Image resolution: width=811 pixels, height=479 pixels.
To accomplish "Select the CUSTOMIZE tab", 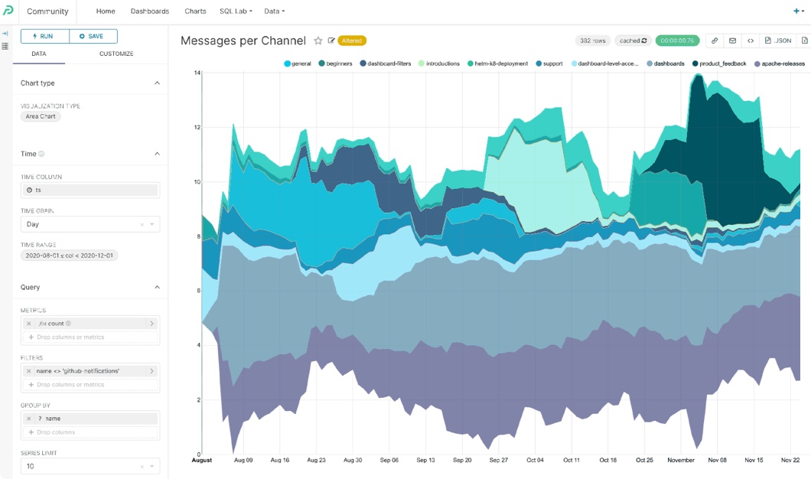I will [116, 54].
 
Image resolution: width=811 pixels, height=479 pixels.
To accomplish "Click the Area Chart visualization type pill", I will [41, 116].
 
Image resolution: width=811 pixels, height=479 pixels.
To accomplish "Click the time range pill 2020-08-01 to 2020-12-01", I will [69, 256].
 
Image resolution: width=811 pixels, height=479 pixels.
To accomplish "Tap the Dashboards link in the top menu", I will [150, 11].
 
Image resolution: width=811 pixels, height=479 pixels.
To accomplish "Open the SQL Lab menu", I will [235, 11].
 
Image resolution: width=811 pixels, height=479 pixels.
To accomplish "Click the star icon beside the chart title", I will [318, 41].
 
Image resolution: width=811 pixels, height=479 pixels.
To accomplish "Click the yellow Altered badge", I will [352, 41].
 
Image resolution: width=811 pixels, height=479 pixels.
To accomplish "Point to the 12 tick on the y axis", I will [197, 127].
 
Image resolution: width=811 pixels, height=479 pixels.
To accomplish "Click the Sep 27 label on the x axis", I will [498, 460].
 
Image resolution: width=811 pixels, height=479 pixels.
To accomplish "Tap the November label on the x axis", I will [680, 460].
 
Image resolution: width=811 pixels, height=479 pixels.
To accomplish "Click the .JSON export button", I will [778, 41].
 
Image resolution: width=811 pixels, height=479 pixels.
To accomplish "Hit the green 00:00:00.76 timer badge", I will [677, 41].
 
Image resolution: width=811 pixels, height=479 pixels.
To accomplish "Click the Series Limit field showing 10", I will [80, 466].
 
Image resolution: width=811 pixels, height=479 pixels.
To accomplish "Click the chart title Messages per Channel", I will [243, 41].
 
